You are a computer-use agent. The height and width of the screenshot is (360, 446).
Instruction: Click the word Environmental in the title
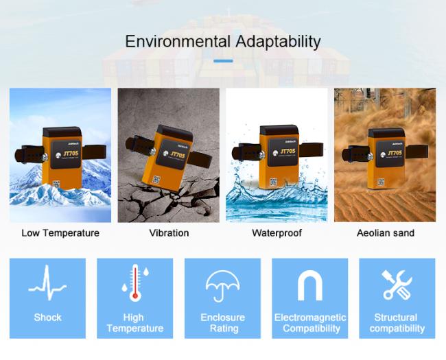178,42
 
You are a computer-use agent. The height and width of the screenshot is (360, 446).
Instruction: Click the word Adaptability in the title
278,42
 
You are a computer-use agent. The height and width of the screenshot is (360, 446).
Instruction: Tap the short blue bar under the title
223,61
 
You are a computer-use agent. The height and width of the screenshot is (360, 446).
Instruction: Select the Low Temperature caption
60,233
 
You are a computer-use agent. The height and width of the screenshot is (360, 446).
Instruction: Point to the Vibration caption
169,233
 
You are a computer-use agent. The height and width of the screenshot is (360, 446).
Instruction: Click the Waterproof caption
277,233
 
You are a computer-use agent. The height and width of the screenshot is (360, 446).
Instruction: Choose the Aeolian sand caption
386,233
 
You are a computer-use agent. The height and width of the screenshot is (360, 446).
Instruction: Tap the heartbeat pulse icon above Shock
47,283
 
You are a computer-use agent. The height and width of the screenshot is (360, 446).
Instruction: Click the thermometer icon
135,283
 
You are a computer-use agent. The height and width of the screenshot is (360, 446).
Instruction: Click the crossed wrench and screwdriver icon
397,285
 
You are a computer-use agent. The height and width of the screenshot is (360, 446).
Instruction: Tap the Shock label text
47,317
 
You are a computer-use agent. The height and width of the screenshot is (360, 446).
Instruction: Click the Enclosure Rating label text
223,323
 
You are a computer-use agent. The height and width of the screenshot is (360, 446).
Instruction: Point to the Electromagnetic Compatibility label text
310,323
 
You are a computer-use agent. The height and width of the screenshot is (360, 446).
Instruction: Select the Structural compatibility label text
397,323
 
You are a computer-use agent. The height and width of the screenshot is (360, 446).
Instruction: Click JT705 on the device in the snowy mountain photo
70,154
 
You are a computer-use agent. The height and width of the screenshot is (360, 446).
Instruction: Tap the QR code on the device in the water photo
273,182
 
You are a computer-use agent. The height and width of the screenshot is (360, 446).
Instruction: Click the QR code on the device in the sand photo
382,182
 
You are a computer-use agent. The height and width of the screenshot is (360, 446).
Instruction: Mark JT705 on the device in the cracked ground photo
178,155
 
